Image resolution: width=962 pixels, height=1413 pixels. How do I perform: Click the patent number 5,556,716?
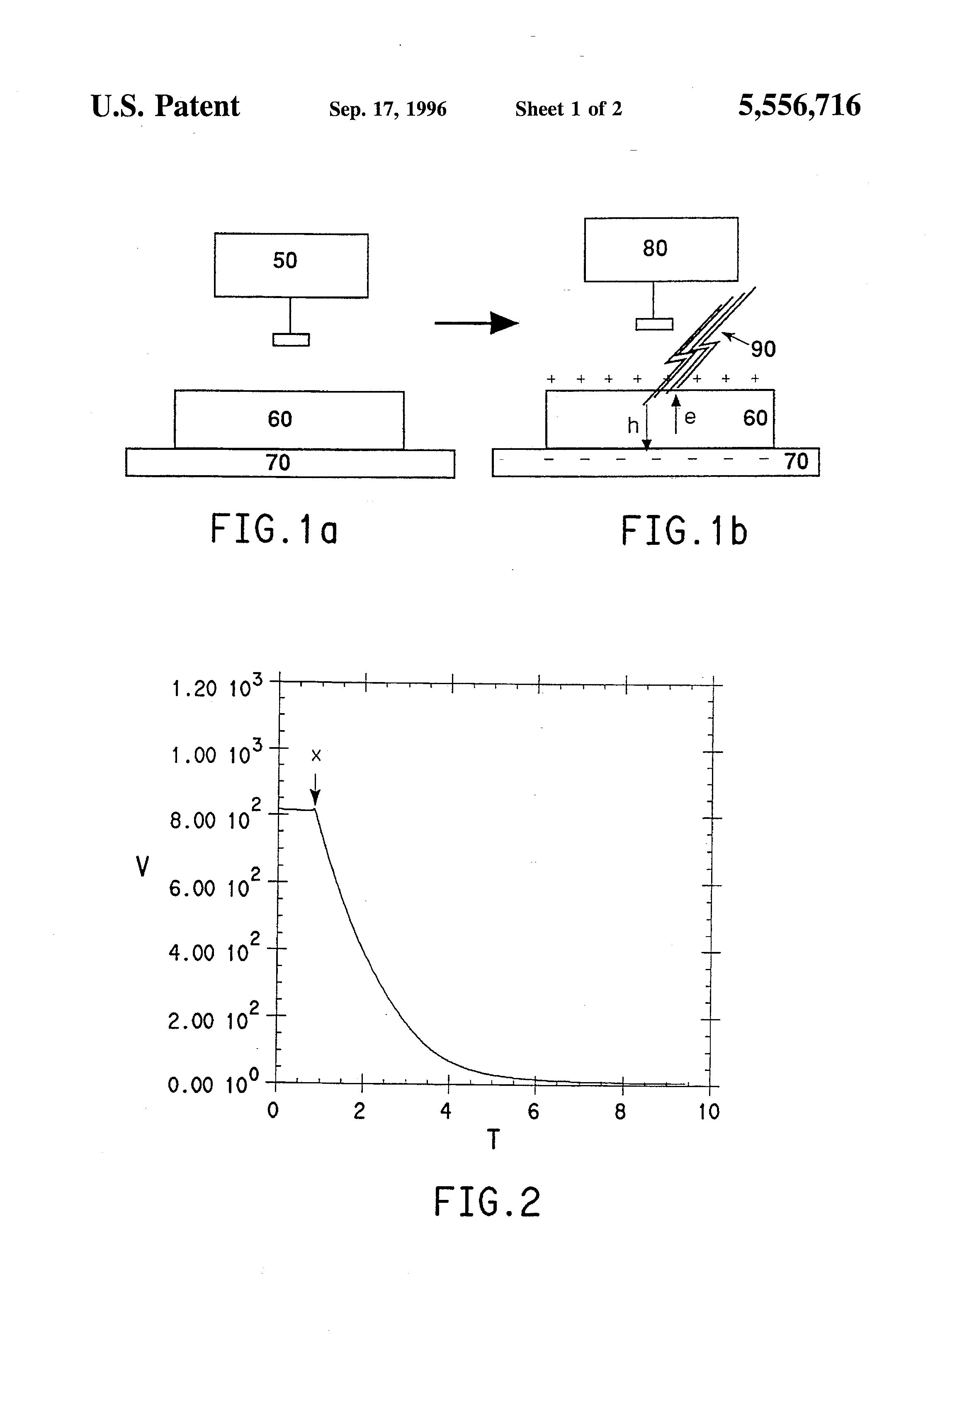pyautogui.click(x=799, y=106)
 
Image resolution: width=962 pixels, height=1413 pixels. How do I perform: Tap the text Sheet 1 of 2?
pyautogui.click(x=568, y=109)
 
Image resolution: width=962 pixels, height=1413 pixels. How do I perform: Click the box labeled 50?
pyautogui.click(x=291, y=265)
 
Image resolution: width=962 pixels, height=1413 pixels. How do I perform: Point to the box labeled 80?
pyautogui.click(x=661, y=249)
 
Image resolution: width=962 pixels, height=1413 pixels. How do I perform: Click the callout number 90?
pyautogui.click(x=763, y=349)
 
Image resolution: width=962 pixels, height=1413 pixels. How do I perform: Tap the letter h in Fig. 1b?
pyautogui.click(x=632, y=425)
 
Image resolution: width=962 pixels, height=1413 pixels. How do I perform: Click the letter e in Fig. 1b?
pyautogui.click(x=690, y=417)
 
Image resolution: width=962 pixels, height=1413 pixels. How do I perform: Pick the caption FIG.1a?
pyautogui.click(x=274, y=529)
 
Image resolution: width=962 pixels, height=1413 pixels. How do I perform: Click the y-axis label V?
pyautogui.click(x=142, y=867)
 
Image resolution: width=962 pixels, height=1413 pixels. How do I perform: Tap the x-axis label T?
pyautogui.click(x=493, y=1139)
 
